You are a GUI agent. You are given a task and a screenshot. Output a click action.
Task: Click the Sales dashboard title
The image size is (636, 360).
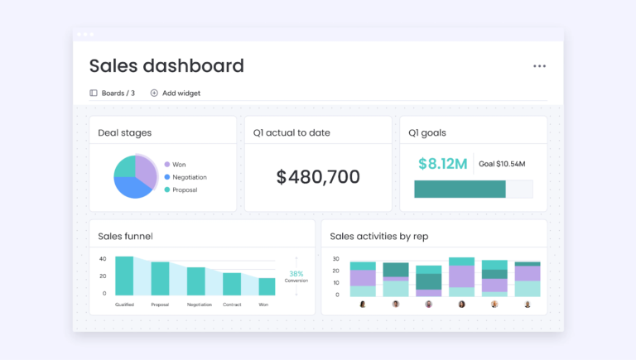(x=166, y=66)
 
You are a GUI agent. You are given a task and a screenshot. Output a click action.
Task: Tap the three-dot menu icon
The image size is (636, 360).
(x=539, y=66)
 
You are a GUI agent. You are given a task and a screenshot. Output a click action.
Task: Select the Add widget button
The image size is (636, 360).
(x=176, y=94)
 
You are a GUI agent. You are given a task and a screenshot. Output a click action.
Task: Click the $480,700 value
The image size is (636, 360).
(x=318, y=176)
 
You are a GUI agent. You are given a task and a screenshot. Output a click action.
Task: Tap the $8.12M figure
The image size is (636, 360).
(x=442, y=164)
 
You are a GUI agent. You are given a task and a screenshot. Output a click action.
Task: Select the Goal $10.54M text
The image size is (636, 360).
(x=502, y=164)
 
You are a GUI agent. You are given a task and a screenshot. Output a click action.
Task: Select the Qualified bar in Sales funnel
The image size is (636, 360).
(x=124, y=276)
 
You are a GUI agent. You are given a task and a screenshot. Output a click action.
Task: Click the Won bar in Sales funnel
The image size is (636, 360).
(x=267, y=286)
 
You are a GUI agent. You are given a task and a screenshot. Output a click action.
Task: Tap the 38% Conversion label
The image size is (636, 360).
(x=296, y=276)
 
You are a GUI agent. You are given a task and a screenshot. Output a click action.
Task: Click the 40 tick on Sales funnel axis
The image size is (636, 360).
(x=103, y=258)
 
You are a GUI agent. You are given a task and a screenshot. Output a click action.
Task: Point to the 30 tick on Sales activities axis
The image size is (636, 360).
(x=336, y=259)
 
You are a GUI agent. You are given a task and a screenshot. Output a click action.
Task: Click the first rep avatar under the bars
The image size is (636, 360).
(x=363, y=304)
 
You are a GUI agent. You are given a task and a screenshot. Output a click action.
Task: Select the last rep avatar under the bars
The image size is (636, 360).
(x=528, y=304)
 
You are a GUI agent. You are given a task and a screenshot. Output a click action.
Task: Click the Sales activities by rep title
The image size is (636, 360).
(x=378, y=237)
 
